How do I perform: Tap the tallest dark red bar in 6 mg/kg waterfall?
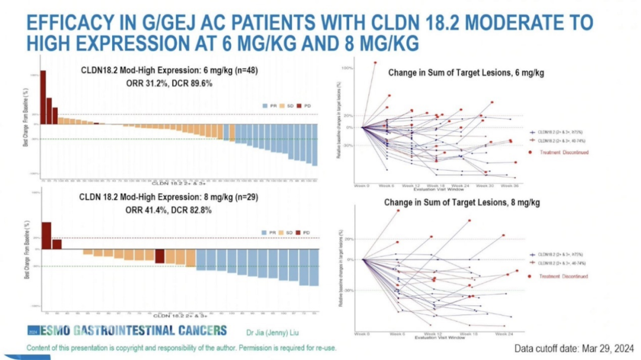(x=43, y=97)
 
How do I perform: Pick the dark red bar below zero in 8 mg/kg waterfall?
(x=160, y=256)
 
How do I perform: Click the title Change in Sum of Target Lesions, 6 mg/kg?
(x=466, y=72)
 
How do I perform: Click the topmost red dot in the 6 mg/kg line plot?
(x=375, y=62)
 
